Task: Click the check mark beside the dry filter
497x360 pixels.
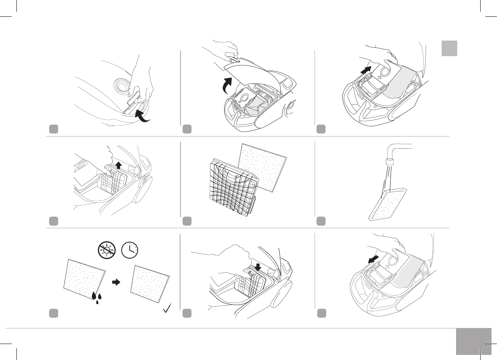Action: [x=168, y=311]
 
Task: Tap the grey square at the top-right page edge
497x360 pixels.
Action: [x=449, y=48]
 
